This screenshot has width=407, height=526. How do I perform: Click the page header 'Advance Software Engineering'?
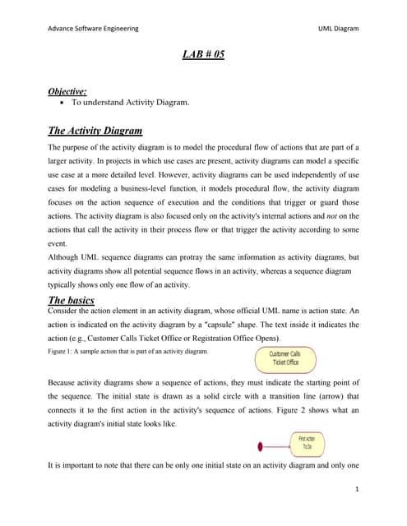click(92, 28)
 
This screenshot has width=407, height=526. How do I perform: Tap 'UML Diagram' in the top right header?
click(338, 28)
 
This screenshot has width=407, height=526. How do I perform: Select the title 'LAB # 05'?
click(203, 55)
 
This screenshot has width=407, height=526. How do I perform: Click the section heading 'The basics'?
click(71, 300)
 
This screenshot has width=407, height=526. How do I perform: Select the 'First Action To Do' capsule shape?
click(307, 446)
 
